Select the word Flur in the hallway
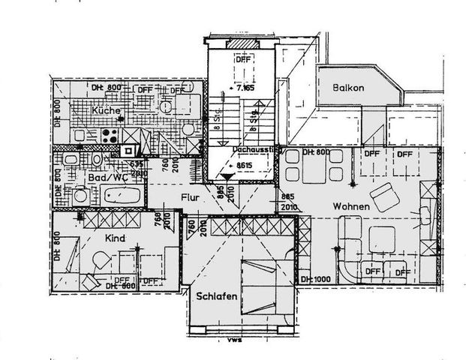(190, 197)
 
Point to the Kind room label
(116, 238)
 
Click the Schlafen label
(217, 297)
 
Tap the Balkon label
(349, 88)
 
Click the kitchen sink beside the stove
(83, 137)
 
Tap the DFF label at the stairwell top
(242, 59)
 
